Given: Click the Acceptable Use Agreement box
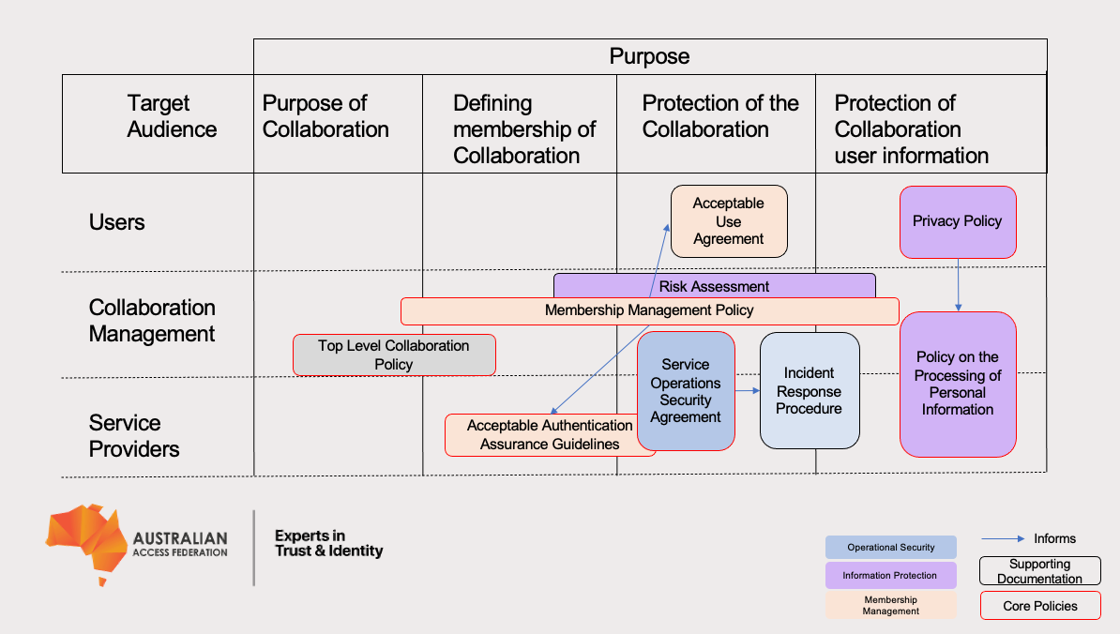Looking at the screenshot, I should pyautogui.click(x=729, y=221).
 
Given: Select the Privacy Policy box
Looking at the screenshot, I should pyautogui.click(x=958, y=221).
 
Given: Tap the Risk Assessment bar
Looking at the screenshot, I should pyautogui.click(x=714, y=286).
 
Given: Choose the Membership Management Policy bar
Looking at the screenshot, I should pyautogui.click(x=649, y=310).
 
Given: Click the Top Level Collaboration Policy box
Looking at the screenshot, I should pyautogui.click(x=394, y=355).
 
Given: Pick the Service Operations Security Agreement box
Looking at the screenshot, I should pyautogui.click(x=686, y=390).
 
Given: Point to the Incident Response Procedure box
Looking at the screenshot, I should pyautogui.click(x=810, y=390).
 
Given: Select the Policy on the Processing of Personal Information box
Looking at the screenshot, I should pyautogui.click(x=958, y=384).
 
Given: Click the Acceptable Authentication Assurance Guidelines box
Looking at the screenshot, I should pyautogui.click(x=550, y=435).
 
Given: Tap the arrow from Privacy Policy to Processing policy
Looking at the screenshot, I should pyautogui.click(x=958, y=285).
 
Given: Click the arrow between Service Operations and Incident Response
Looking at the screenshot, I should pyautogui.click(x=747, y=390).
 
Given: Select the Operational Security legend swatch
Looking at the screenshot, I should pyautogui.click(x=890, y=548).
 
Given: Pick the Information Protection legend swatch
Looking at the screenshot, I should pyautogui.click(x=890, y=576).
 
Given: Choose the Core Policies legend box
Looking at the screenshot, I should pyautogui.click(x=1040, y=606).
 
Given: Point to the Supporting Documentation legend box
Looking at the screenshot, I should pyautogui.click(x=1040, y=571).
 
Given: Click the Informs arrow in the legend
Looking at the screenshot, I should pyautogui.click(x=1003, y=539).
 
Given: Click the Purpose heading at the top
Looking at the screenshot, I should pyautogui.click(x=649, y=56).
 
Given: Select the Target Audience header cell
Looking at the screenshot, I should pyautogui.click(x=159, y=117).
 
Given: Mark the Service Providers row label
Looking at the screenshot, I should pyautogui.click(x=134, y=436).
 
